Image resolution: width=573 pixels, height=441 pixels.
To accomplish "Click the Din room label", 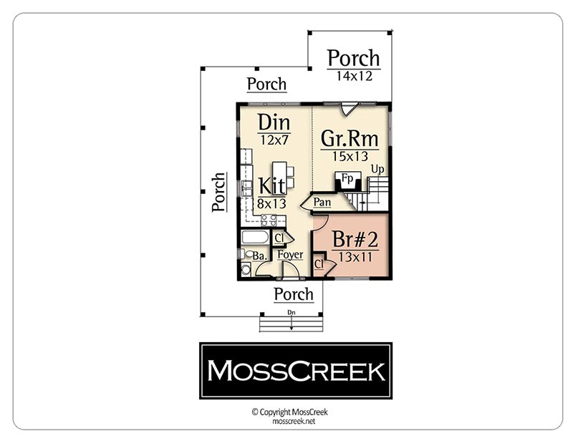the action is click(x=274, y=122).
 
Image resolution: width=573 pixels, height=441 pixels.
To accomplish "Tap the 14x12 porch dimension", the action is click(x=354, y=76).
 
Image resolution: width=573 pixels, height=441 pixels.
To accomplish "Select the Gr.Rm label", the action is click(x=350, y=138).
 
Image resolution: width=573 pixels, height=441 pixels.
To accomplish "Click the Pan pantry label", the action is click(x=322, y=202).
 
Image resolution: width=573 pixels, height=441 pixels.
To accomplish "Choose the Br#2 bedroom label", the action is click(x=355, y=239).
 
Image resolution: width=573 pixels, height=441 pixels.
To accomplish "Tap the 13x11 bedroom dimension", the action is click(x=355, y=257).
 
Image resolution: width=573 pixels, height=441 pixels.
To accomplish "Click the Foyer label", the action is click(x=290, y=255).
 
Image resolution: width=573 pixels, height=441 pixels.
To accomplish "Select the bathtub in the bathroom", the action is click(x=255, y=237).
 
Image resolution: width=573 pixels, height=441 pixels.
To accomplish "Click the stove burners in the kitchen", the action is click(x=268, y=220).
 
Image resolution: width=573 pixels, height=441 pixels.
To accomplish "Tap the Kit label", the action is click(x=272, y=185).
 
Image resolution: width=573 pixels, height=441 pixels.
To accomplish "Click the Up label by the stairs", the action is click(x=377, y=170).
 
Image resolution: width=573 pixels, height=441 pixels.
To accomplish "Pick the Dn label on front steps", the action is click(x=292, y=312).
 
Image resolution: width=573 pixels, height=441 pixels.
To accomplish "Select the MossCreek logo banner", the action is click(x=296, y=371).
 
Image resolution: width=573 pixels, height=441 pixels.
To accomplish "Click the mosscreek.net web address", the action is click(x=294, y=421).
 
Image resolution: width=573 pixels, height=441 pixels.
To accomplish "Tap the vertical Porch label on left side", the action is click(x=218, y=192).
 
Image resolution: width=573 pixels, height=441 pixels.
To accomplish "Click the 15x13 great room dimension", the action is click(x=350, y=156).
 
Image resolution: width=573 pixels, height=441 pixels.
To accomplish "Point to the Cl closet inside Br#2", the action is click(x=319, y=263).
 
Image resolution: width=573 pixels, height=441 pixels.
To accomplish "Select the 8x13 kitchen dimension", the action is click(x=271, y=203).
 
